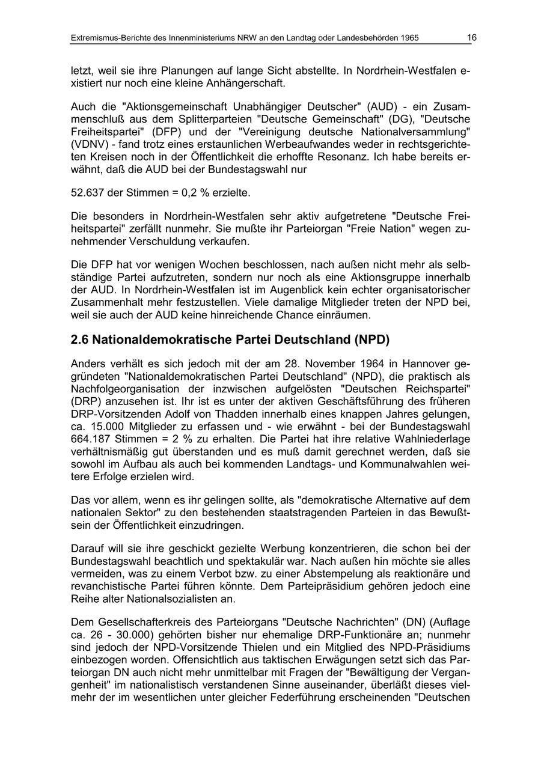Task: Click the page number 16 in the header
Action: click(x=471, y=38)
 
